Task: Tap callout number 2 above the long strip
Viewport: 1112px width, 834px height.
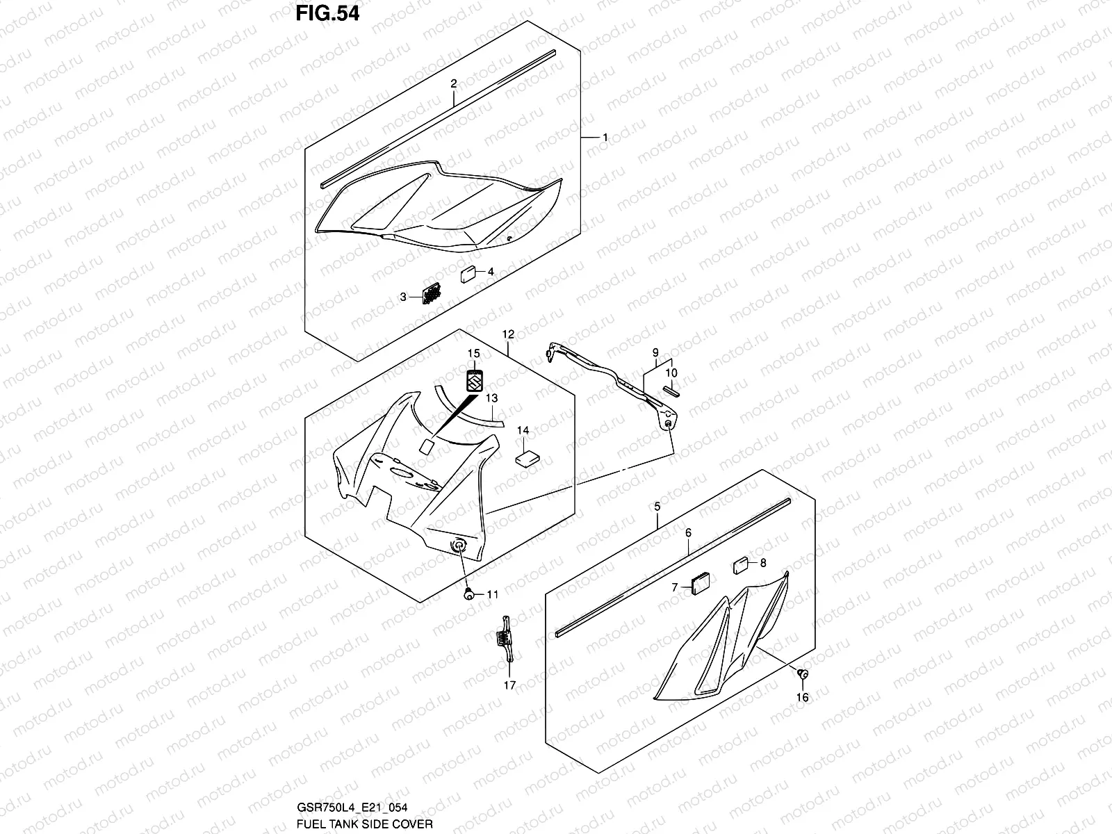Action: (453, 83)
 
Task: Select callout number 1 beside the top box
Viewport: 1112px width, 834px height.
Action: (605, 138)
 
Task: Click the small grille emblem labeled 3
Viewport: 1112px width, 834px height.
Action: (432, 295)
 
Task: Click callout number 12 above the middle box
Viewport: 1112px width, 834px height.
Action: (508, 334)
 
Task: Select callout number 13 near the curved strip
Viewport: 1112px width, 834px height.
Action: (492, 398)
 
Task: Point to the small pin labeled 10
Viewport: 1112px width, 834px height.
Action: (671, 390)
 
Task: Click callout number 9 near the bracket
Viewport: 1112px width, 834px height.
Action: (655, 353)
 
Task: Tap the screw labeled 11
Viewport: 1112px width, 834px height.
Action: (468, 594)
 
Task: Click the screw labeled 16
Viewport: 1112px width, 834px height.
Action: (801, 673)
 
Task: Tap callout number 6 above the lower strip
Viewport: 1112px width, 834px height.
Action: (688, 532)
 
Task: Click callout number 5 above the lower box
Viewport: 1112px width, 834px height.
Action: (657, 507)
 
